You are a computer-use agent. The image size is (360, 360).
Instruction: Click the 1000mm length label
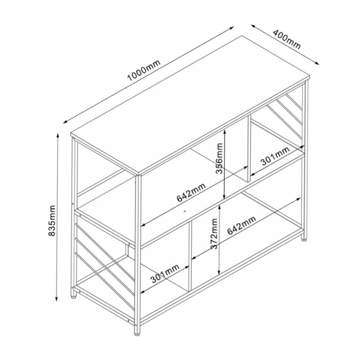coord(144,70)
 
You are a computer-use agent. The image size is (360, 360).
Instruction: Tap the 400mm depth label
coord(286,39)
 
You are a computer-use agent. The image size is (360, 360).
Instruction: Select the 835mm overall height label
coord(52,221)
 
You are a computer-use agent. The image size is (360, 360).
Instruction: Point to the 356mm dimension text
coord(219,158)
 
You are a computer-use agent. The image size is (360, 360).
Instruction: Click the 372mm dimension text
coord(214,234)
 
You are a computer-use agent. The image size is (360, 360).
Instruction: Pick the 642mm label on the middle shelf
coord(191,192)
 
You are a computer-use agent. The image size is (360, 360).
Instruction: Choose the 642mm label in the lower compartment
coord(241,225)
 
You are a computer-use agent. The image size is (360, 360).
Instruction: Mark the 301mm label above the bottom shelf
coord(165,274)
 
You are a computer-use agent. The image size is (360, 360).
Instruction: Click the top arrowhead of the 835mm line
coord(57,136)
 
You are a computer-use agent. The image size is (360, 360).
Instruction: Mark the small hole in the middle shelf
coord(185,211)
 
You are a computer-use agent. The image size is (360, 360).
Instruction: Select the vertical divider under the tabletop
coord(249,149)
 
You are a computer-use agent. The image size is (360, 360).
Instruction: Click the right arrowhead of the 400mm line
coord(317,63)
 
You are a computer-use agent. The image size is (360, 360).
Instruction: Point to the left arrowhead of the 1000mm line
coord(66,122)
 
